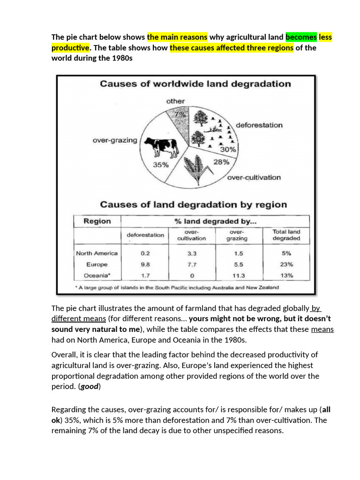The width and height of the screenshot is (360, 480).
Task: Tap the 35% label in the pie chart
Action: click(x=160, y=165)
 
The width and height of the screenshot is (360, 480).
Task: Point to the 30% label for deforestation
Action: click(x=228, y=150)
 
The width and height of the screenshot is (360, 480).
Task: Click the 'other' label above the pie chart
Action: click(x=175, y=101)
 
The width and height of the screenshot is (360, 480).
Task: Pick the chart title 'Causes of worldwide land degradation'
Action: click(x=195, y=84)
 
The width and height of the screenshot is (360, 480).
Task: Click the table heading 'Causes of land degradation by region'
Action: click(x=193, y=204)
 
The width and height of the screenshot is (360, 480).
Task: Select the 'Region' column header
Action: click(x=97, y=221)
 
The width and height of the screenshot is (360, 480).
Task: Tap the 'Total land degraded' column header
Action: click(x=286, y=235)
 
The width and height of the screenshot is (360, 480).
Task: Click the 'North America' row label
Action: click(x=97, y=253)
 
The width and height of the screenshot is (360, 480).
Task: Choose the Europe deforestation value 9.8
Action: click(x=145, y=264)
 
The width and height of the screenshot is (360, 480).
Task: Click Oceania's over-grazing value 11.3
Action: click(x=238, y=276)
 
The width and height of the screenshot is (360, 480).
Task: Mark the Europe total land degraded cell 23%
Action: click(x=286, y=264)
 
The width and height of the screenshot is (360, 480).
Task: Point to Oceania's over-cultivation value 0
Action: click(x=191, y=276)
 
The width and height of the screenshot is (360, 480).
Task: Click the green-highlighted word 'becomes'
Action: click(x=301, y=37)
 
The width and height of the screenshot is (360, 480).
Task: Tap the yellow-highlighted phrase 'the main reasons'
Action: click(x=177, y=37)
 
